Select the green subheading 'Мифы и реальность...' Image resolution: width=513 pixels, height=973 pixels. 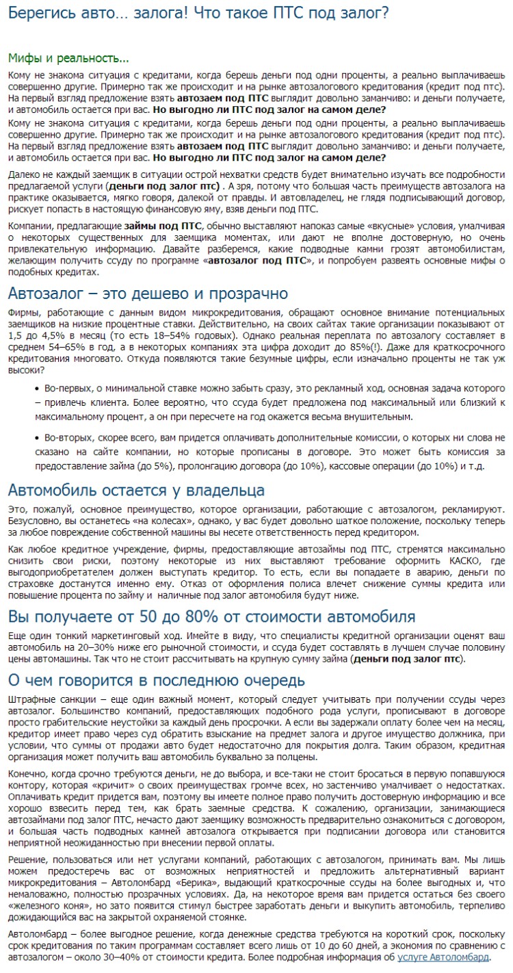(x=68, y=57)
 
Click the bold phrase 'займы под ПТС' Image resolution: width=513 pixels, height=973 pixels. (x=163, y=226)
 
